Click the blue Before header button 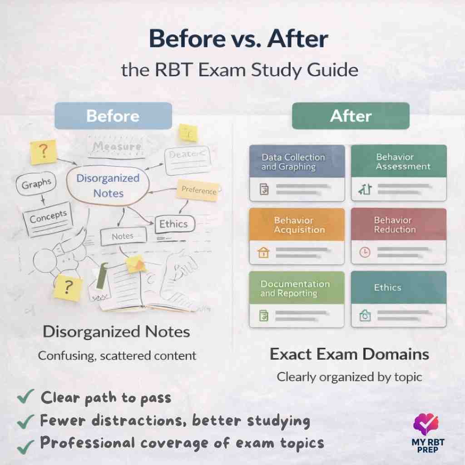pos(113,116)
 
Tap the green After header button pos(350,116)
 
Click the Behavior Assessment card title pos(398,162)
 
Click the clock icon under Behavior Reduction pos(364,253)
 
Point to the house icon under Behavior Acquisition pos(263,253)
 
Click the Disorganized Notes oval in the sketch pos(108,185)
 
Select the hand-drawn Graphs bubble pos(36,184)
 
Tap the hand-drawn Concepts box pos(48,217)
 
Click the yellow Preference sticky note pos(199,191)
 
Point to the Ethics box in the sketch pos(173,223)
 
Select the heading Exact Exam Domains pos(349,354)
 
